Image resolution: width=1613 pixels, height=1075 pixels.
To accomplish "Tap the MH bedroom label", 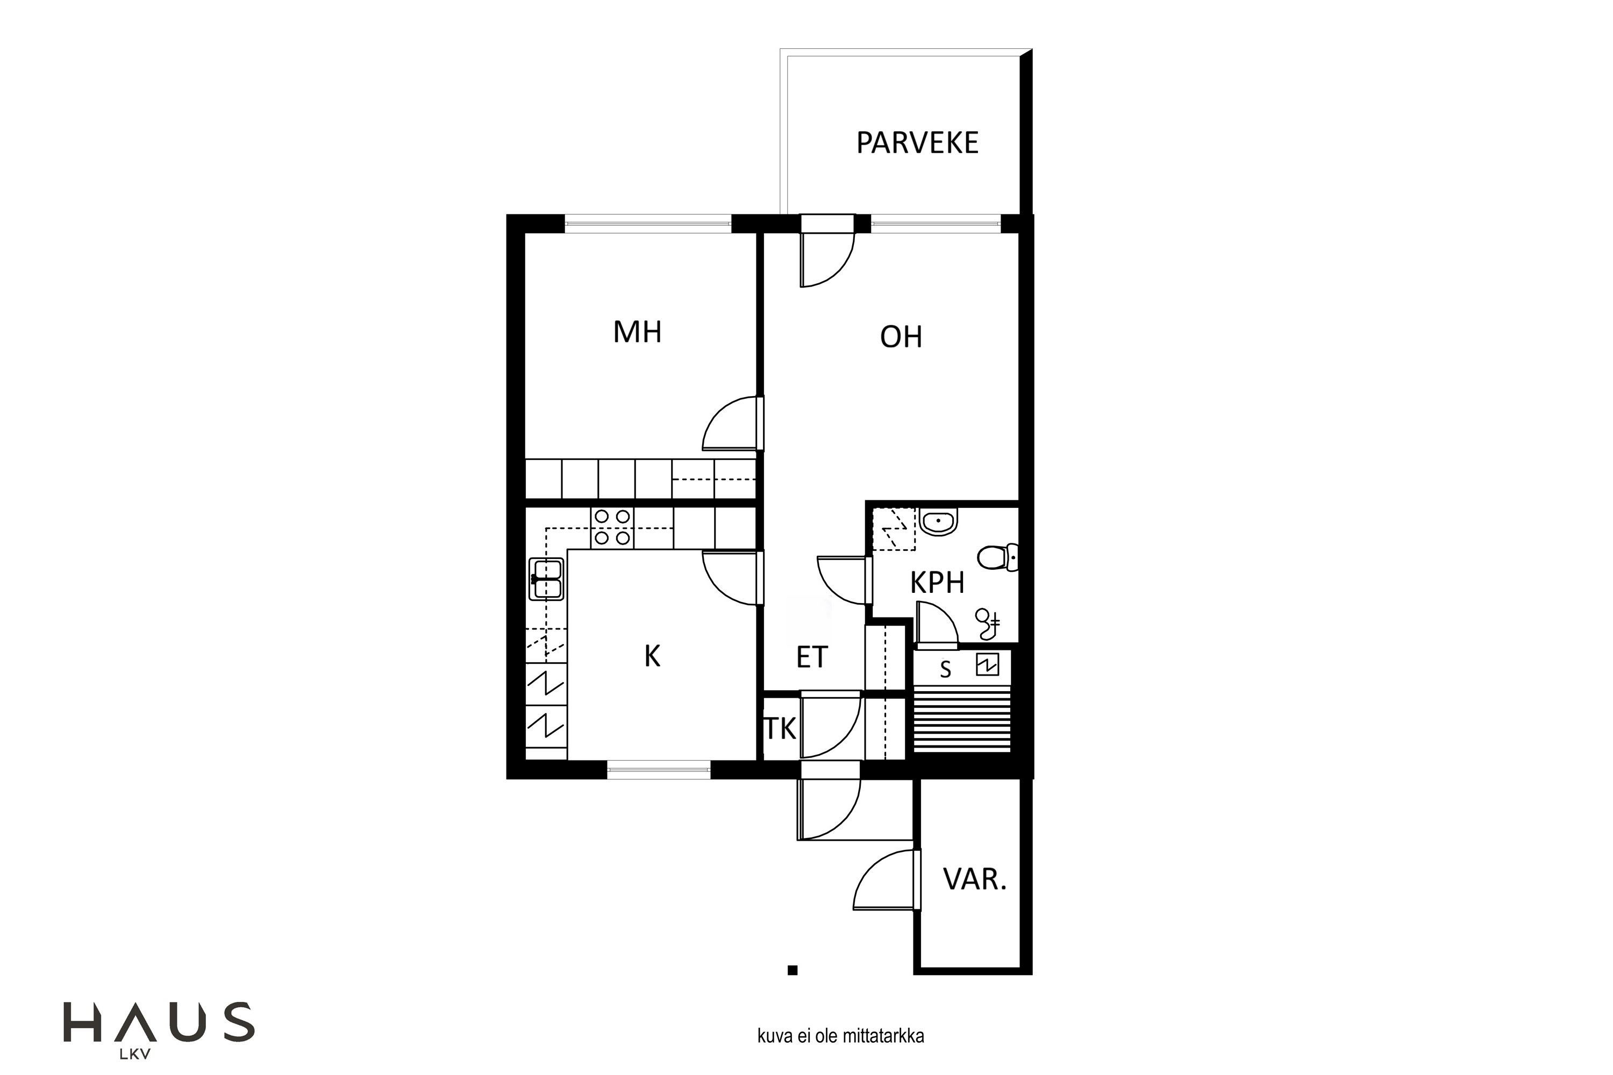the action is [637, 332].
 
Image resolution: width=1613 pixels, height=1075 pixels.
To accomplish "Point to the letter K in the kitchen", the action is [652, 656].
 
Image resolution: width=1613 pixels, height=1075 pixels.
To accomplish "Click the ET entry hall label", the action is [812, 657].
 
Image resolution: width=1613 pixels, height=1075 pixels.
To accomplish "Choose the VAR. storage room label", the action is [974, 879].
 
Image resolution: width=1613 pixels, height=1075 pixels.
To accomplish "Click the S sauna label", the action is [946, 670].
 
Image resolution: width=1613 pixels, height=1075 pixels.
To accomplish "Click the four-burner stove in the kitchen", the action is [612, 528].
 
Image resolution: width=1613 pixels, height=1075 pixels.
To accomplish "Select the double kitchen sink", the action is [547, 579].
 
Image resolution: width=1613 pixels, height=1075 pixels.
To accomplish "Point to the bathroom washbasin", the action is [938, 522].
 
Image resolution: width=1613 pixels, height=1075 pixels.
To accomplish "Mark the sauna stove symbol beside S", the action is [987, 664].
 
